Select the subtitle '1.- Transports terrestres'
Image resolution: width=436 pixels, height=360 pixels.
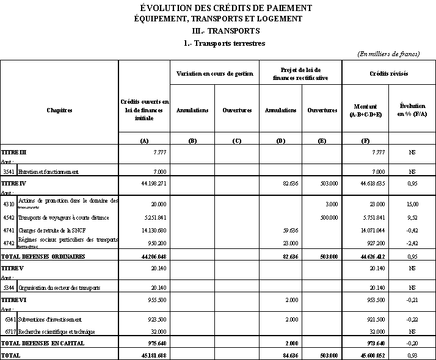pos(224,43)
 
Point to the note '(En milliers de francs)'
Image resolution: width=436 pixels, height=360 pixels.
pos(388,54)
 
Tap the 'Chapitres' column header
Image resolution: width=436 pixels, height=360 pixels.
pos(59,110)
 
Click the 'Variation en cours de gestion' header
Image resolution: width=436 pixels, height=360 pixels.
pos(214,74)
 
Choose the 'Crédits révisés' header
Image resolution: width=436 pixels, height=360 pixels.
pos(389,74)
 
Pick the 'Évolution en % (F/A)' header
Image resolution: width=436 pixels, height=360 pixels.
pos(412,110)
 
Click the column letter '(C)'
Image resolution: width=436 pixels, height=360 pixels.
pos(237,141)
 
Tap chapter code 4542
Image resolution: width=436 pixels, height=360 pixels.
pos(9,217)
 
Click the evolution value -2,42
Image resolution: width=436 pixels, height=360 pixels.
pos(412,243)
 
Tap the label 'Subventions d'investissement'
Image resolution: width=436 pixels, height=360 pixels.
pos(50,319)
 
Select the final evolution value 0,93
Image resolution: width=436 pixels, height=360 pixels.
pos(412,355)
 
